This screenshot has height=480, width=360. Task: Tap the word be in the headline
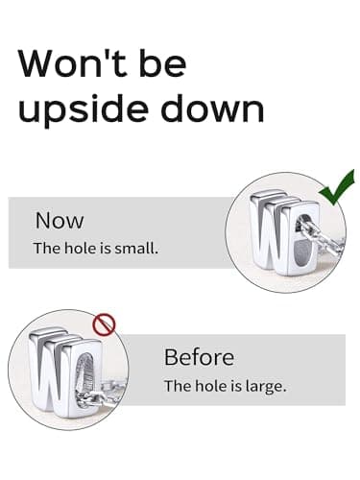[162, 62]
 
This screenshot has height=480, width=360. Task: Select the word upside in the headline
[84, 108]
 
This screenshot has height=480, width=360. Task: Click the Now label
[60, 221]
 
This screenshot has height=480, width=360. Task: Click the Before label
[199, 357]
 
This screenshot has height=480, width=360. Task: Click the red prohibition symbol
[104, 324]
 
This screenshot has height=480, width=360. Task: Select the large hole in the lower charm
[85, 372]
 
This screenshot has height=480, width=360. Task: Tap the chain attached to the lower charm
[103, 394]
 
